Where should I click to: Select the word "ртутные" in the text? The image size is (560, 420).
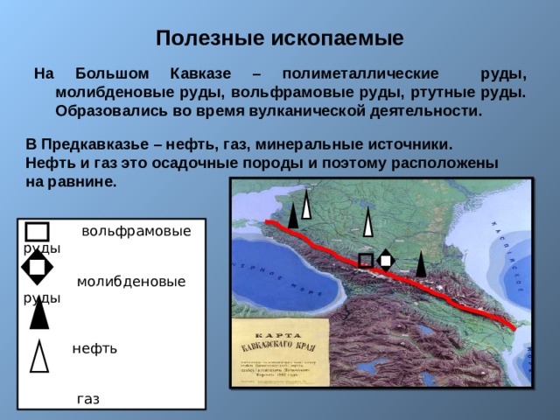coord(441,92)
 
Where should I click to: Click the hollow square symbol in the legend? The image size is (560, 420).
coord(37,232)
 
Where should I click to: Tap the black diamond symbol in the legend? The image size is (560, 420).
coord(37,267)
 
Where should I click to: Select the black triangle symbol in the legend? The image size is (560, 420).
coord(38,312)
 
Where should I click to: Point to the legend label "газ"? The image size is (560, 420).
coord(87,399)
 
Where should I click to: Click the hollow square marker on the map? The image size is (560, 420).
coord(366,260)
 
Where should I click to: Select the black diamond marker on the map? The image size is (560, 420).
coord(385,260)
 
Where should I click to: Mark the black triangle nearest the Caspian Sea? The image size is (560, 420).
coord(421,263)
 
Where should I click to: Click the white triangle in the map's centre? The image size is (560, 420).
coord(368,223)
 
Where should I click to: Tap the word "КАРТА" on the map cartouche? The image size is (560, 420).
coord(279,335)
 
